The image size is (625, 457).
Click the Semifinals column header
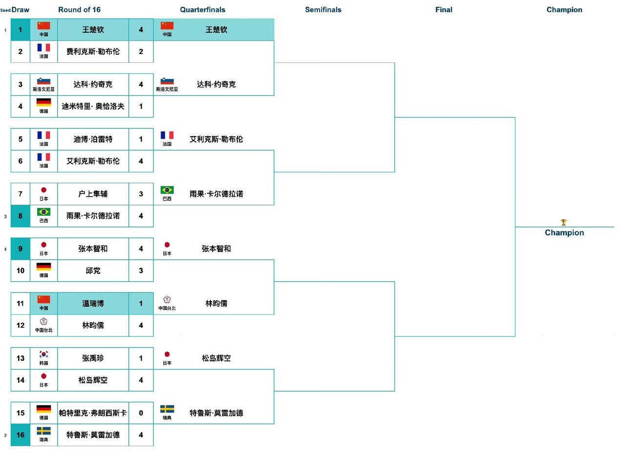tap(323, 10)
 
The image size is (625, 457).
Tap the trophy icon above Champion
tap(563, 223)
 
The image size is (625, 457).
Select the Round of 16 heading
tap(79, 10)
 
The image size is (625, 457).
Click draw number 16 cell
tap(20, 435)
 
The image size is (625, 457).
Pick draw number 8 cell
tap(20, 216)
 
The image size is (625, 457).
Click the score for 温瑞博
tap(141, 304)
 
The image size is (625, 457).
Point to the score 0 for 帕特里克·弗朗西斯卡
tap(141, 413)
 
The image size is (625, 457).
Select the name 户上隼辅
tap(93, 194)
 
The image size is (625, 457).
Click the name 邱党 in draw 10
tap(93, 270)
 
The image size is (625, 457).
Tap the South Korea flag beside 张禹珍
tap(43, 354)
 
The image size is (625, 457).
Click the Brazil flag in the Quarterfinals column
tap(167, 190)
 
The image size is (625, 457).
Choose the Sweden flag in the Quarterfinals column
tap(167, 409)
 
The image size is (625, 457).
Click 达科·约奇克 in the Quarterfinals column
tap(216, 84)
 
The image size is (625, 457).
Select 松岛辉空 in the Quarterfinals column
tap(216, 358)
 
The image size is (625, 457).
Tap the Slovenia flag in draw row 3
tap(43, 81)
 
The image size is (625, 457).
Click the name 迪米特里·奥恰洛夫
tap(93, 106)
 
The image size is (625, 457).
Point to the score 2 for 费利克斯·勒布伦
tap(141, 52)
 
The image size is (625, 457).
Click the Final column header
tap(443, 10)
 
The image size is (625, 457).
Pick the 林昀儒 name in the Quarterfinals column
tap(216, 304)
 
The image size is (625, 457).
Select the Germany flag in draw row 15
tap(43, 409)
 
